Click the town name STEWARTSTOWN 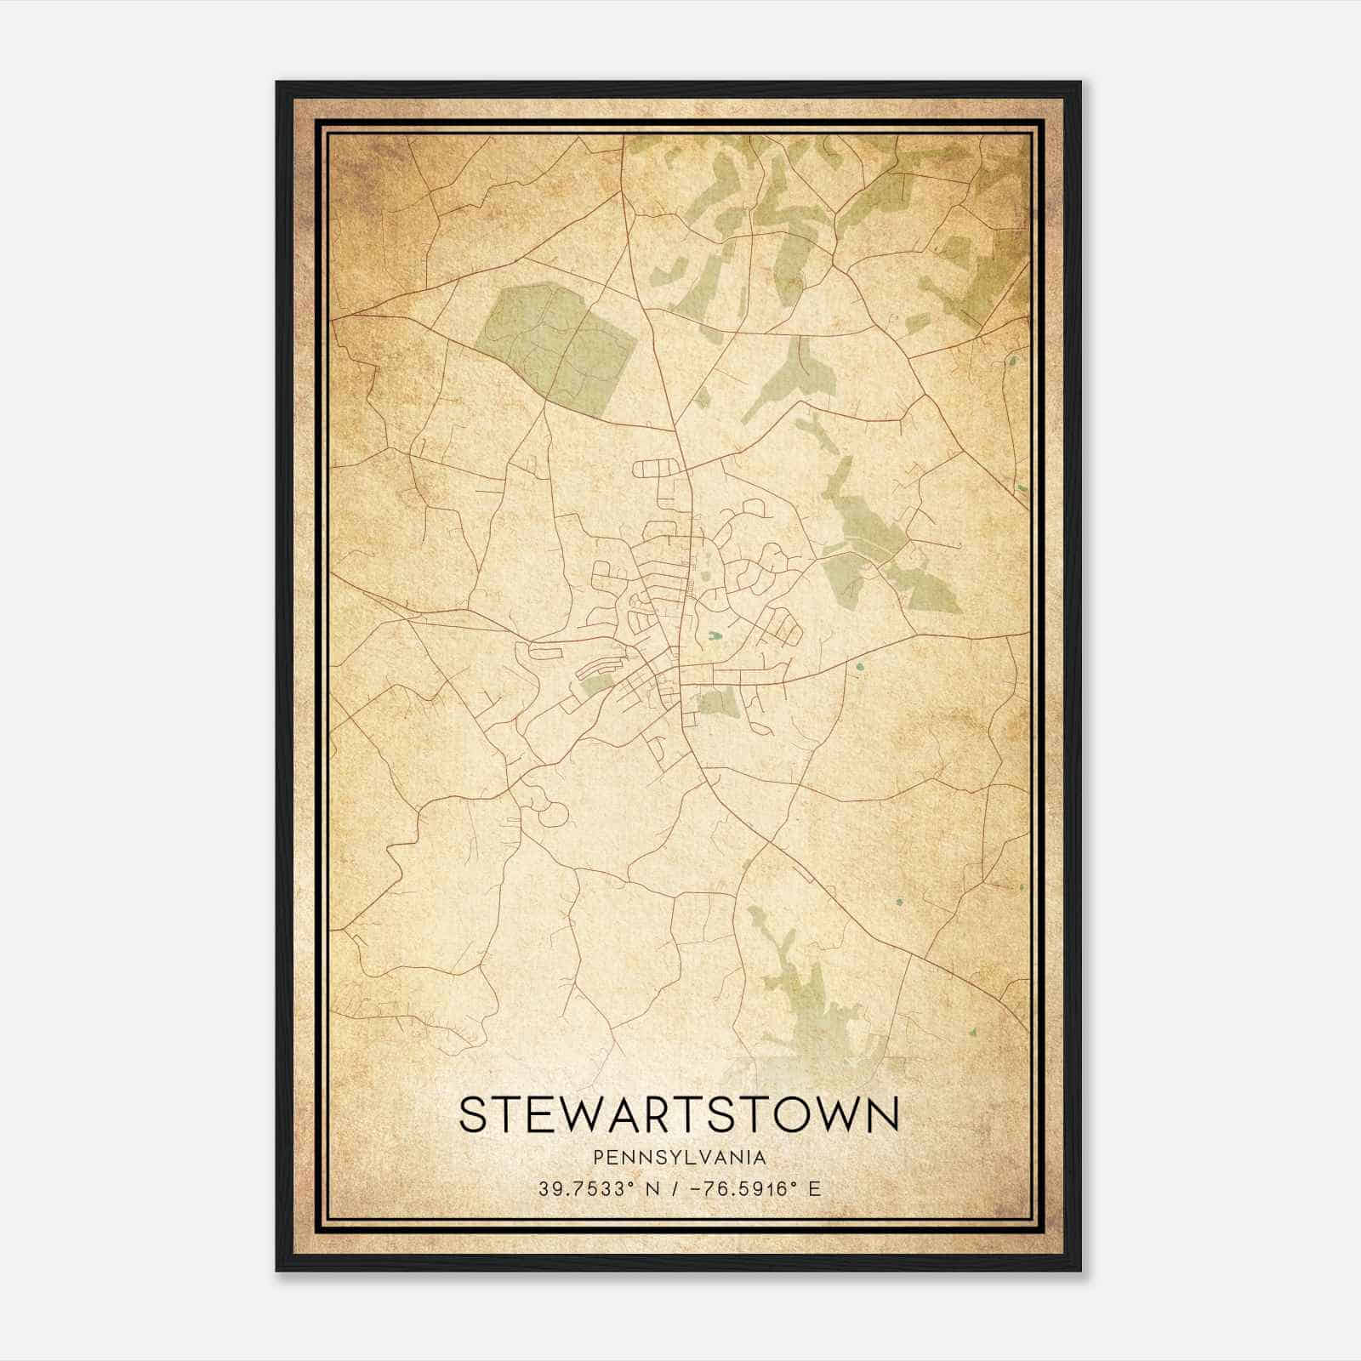click(x=679, y=1115)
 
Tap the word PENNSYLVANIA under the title click(x=680, y=1158)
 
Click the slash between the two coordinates click(x=679, y=1188)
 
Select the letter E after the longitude click(x=815, y=1188)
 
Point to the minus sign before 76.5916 click(x=698, y=1188)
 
